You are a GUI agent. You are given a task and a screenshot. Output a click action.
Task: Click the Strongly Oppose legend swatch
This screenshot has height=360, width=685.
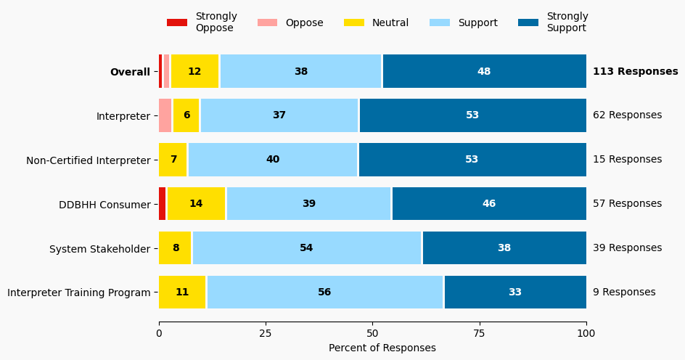[177, 22]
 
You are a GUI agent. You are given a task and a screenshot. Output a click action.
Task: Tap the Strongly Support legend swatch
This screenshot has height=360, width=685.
[528, 22]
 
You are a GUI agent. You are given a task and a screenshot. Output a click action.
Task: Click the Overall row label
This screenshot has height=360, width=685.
[130, 72]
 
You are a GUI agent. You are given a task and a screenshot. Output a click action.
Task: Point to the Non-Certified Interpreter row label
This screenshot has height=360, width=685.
[88, 160]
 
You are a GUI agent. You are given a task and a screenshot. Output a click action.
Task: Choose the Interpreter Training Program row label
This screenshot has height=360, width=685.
[79, 292]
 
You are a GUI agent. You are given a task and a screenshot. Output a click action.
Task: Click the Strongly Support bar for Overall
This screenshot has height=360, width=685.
[484, 71]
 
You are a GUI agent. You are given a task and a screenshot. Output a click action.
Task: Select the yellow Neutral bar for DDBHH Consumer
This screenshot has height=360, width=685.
[196, 204]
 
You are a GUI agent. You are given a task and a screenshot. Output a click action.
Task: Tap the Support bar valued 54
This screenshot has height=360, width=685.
[306, 248]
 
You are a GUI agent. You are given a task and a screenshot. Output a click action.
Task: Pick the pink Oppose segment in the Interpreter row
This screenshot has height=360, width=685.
[165, 115]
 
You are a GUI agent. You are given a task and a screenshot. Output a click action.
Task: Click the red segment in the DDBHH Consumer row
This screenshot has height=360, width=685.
[163, 204]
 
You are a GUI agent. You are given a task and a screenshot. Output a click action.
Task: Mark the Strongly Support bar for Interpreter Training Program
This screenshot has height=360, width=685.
[514, 292]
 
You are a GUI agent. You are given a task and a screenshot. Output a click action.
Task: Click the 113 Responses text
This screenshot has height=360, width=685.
[635, 71]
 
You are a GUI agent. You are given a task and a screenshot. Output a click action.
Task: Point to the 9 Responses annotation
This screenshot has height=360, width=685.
[624, 292]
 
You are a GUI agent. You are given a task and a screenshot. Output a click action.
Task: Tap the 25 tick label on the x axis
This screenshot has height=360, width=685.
[266, 333]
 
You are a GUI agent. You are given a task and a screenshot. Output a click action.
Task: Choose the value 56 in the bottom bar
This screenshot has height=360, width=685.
[324, 292]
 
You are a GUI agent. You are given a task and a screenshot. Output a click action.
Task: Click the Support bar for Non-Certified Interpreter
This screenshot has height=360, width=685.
[273, 160]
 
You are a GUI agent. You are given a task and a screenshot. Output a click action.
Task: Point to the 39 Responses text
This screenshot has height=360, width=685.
[627, 248]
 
